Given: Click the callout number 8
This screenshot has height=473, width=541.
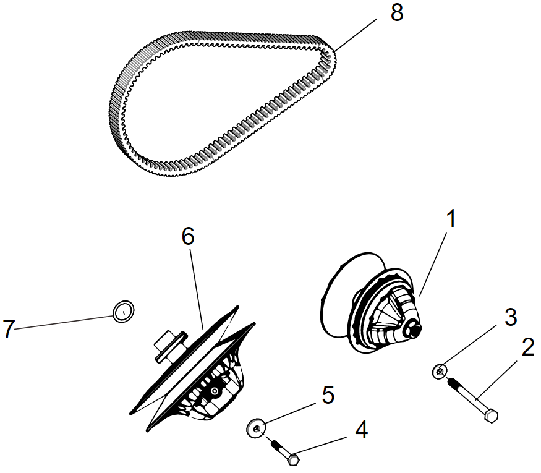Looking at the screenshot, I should pos(396,13).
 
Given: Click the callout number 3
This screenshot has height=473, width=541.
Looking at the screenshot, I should pos(510,317).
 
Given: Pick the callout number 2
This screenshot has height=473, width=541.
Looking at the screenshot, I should pos(527,347).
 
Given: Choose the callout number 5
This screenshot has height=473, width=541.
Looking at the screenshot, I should pos(328,394).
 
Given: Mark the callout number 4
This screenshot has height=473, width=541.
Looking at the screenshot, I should pos(360,430).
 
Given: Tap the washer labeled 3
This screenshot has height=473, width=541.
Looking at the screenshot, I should pos(439,371).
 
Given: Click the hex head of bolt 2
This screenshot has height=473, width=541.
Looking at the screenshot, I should pos(490,416).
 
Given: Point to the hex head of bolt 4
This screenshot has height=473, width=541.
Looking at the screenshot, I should pos(294,460).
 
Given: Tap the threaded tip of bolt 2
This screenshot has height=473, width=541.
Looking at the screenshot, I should pos(451,383).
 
